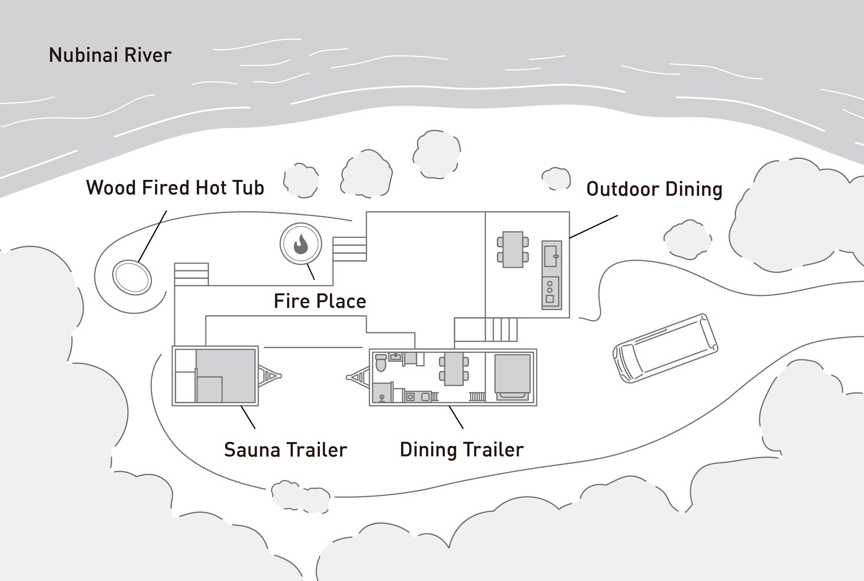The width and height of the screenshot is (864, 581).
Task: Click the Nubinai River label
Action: click(x=110, y=55)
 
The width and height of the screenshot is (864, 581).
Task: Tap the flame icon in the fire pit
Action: click(x=301, y=244)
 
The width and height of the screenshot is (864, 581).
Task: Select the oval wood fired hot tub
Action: click(x=132, y=277)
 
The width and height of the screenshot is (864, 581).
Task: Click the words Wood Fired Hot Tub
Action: click(x=175, y=188)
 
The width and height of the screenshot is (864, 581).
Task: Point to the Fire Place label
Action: click(x=320, y=301)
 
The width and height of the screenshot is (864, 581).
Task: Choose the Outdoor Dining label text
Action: click(x=654, y=189)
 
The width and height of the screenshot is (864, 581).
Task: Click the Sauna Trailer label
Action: click(x=285, y=450)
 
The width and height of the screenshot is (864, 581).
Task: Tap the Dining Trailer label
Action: click(x=462, y=450)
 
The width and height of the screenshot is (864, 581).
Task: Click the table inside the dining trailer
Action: click(x=454, y=369)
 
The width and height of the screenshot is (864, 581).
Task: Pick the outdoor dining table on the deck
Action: click(x=513, y=250)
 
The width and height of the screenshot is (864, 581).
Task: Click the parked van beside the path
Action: click(x=665, y=348)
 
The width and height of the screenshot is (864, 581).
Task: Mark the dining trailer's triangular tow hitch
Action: click(x=359, y=377)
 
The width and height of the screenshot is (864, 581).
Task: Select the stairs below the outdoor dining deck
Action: click(x=501, y=329)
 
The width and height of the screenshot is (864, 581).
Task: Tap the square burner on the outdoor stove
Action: click(x=550, y=299)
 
